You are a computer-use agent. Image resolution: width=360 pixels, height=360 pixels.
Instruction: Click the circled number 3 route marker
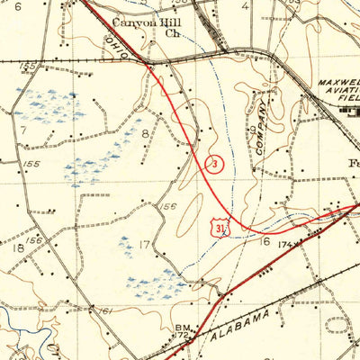click(215, 163)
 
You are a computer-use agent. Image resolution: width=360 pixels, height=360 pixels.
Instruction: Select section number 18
click(18, 247)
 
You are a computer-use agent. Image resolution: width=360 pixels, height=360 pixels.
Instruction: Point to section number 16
click(265, 241)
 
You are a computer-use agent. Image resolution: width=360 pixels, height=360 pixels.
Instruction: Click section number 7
click(24, 130)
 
